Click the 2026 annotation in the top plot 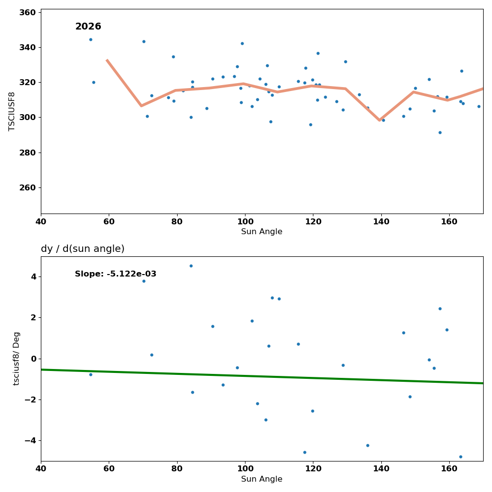coord(88,27)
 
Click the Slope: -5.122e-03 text coord(116,274)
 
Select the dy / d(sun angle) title coord(83,249)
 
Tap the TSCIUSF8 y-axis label coord(12,111)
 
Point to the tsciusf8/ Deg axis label coord(16,358)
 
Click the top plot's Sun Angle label coord(262,232)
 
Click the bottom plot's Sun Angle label coord(262,479)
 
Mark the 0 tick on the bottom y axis coord(33,359)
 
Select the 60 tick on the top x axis coord(109,221)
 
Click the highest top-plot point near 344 coord(91,40)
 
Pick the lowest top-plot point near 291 coord(440,132)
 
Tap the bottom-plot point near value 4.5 coord(191,266)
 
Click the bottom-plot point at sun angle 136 coord(368,445)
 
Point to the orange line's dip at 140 coord(380,120)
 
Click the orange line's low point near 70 coord(141,106)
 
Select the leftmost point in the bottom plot coord(91,374)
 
